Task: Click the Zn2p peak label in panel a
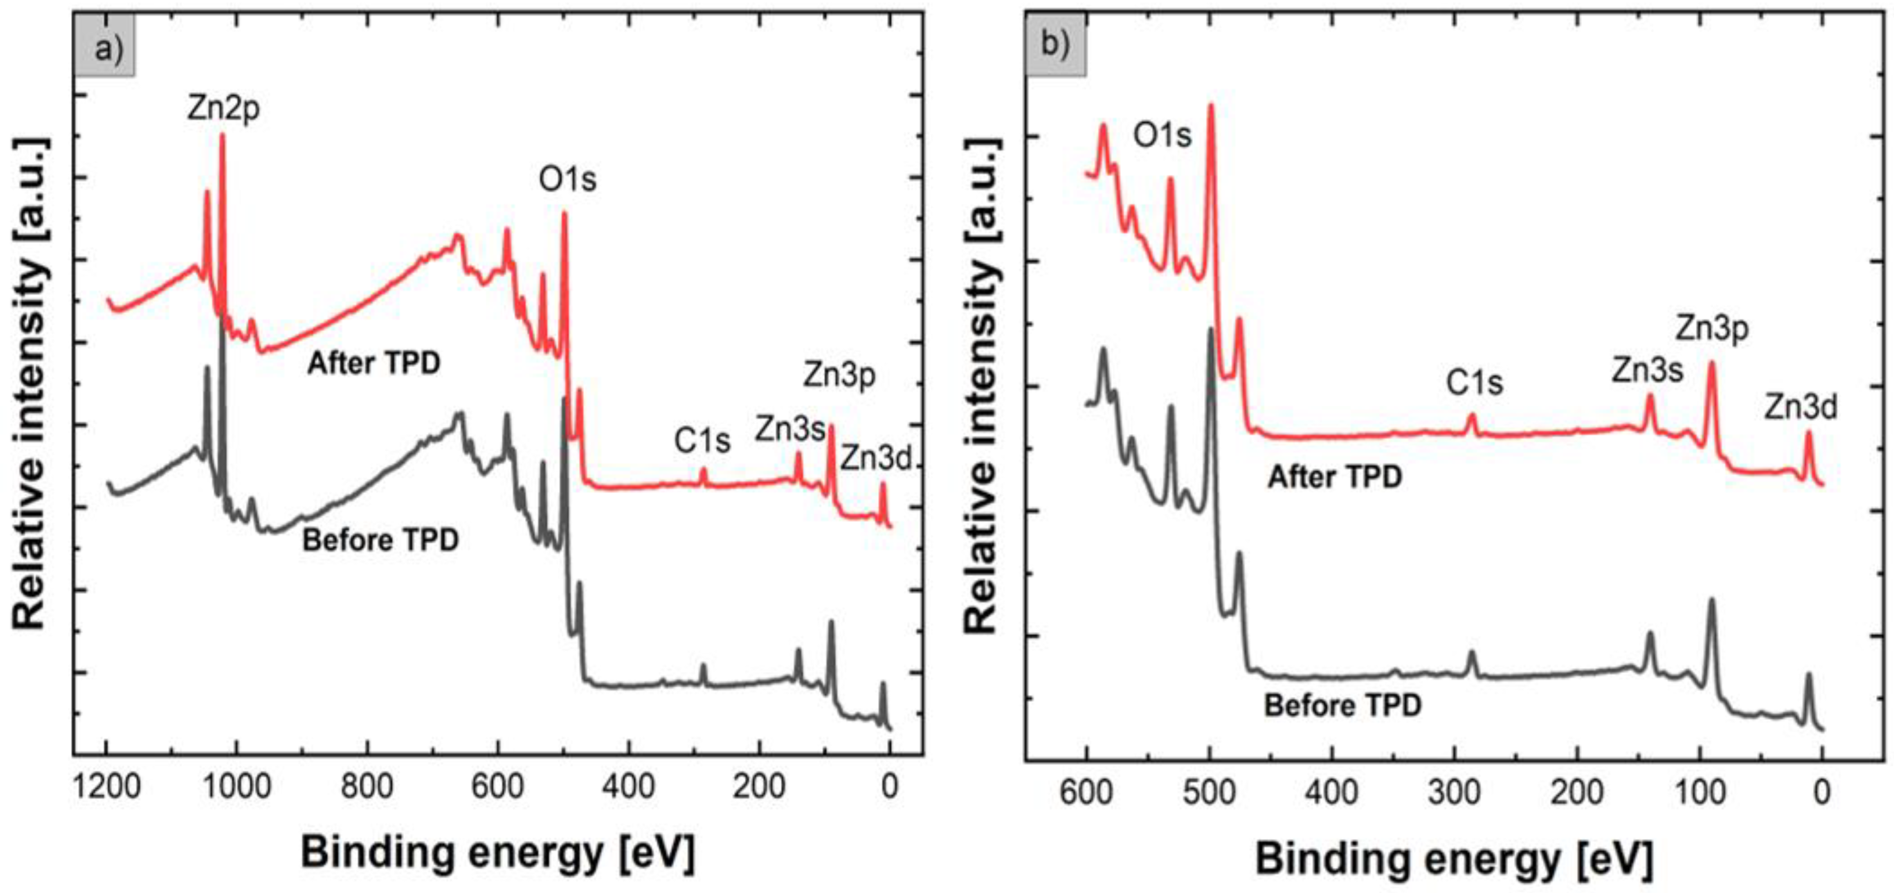click(x=223, y=109)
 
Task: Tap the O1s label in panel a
click(x=568, y=179)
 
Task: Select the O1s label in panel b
click(x=1162, y=135)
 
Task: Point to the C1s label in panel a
click(x=703, y=441)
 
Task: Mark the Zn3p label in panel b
click(x=1712, y=329)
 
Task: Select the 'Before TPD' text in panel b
click(x=1343, y=706)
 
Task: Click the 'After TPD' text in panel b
click(x=1335, y=478)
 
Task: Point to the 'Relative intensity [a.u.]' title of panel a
click(x=31, y=382)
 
